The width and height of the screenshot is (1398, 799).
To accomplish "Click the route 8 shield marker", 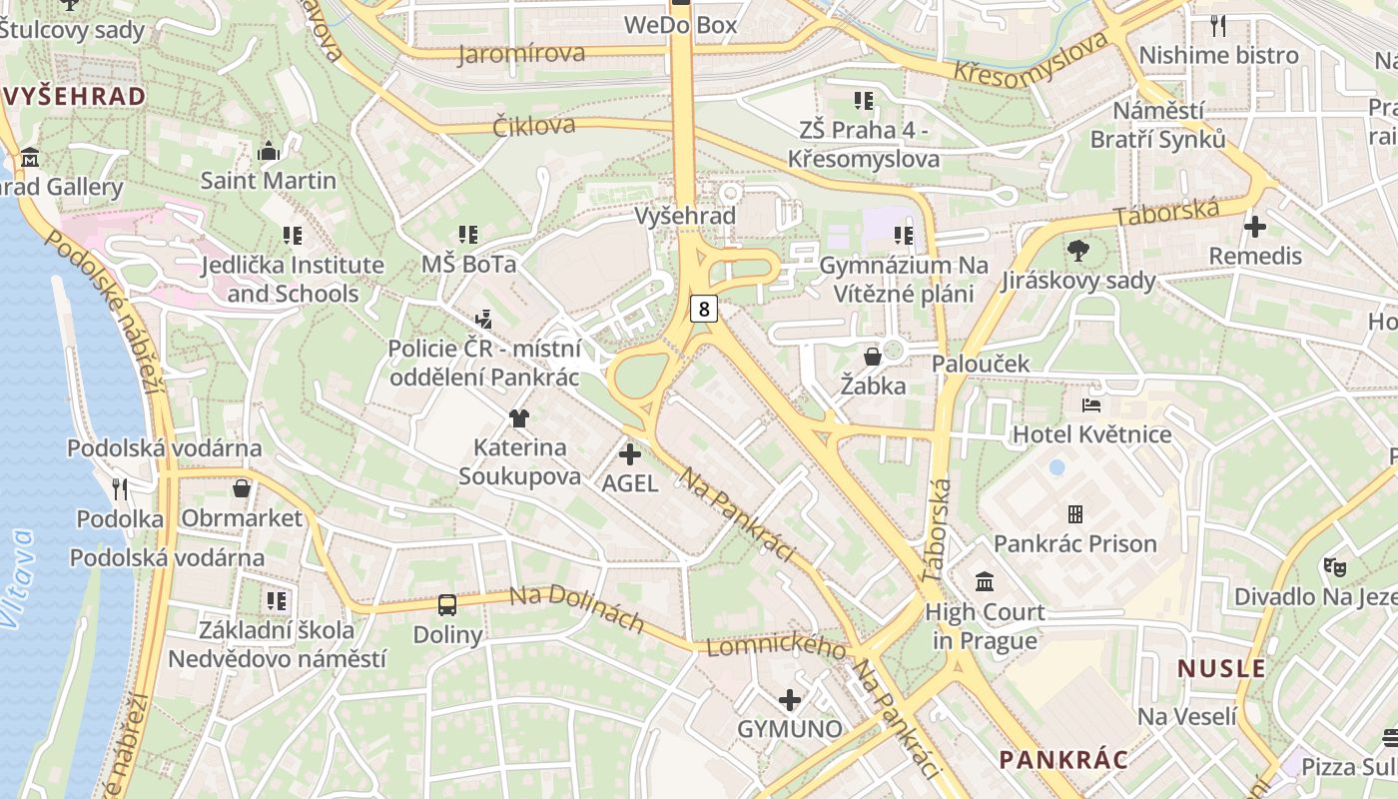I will [x=704, y=309].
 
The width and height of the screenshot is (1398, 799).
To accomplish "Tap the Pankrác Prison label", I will [x=1074, y=543].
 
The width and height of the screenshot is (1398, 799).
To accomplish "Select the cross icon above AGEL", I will [x=630, y=455].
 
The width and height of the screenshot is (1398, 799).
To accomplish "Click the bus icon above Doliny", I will [x=447, y=604].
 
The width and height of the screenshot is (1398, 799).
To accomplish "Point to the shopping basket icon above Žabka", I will [x=873, y=357].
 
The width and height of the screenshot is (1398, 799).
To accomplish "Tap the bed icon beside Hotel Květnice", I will [x=1091, y=405].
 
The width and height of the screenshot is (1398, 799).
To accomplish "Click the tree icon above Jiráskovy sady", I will [x=1078, y=250].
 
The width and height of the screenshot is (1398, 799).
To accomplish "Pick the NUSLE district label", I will [x=1221, y=668].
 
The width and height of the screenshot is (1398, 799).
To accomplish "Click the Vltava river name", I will [x=18, y=579].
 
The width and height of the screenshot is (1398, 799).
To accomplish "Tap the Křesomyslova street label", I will [x=1031, y=60].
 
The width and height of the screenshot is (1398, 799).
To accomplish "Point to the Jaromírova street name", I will [x=521, y=54].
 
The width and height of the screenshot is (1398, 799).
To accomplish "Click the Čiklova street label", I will [x=534, y=126].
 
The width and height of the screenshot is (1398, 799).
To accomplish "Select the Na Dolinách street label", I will [x=576, y=608].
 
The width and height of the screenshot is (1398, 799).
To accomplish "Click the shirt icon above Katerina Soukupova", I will [x=518, y=418].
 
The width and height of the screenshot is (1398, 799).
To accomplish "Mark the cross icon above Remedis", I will [x=1254, y=227].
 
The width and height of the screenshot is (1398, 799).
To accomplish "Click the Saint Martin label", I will [x=269, y=181].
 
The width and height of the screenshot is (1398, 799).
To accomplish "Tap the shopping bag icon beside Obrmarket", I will [x=241, y=488].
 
